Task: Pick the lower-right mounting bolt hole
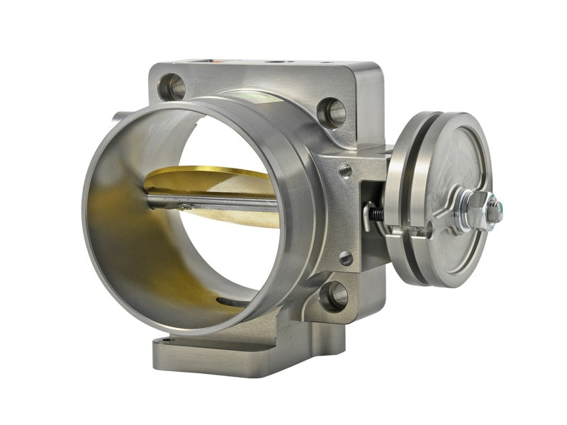click(333, 295)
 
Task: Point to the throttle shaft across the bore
click(213, 205)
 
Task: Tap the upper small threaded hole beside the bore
click(345, 171)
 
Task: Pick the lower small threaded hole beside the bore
click(346, 259)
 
